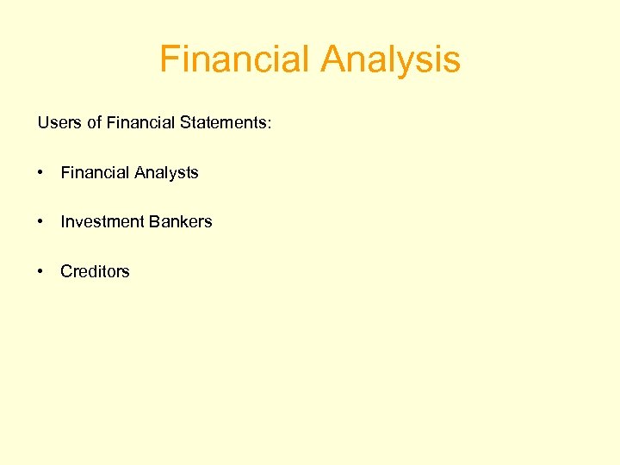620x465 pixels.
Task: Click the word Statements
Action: coord(223,123)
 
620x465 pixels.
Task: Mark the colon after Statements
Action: coord(269,124)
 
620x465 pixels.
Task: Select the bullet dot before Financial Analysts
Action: coord(41,173)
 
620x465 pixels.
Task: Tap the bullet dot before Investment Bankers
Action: coord(41,222)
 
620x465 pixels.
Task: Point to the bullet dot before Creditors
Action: coord(41,271)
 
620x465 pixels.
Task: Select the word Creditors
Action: coord(95,271)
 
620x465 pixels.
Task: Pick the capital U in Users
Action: coord(43,123)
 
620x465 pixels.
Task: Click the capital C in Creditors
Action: coord(66,271)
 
